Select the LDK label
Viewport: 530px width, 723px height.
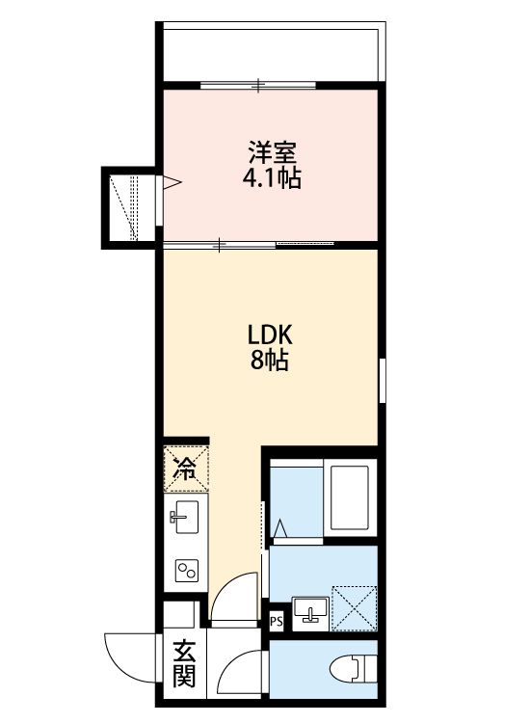[x=271, y=335]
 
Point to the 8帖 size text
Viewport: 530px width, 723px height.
[x=271, y=362]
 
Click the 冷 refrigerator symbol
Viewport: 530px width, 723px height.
[x=184, y=469]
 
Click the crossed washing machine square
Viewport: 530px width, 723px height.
[x=353, y=604]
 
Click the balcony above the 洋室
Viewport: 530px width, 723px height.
[x=270, y=53]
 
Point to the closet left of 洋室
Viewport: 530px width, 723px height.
[x=132, y=205]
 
